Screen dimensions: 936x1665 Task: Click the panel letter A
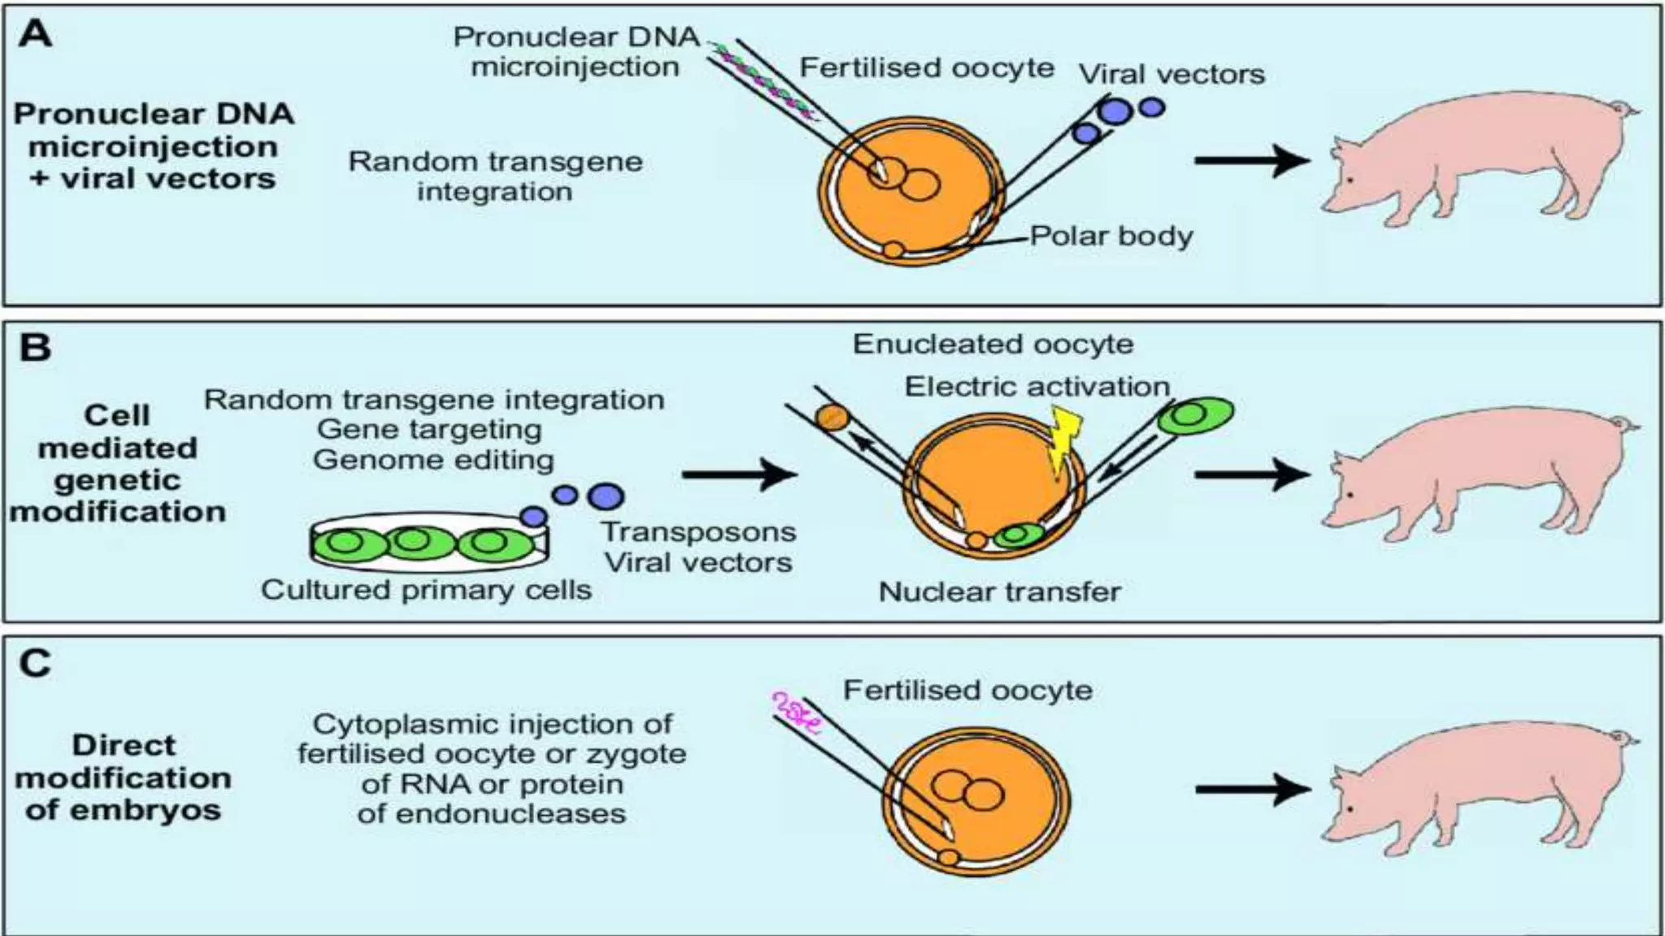[x=35, y=35]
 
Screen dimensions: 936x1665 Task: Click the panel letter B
[x=35, y=348]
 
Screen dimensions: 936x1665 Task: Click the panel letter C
[x=35, y=663]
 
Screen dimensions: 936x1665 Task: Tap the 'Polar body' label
[x=1111, y=236]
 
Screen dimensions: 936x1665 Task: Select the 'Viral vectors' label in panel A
[x=1172, y=75]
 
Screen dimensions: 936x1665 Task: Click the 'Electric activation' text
[x=1037, y=387]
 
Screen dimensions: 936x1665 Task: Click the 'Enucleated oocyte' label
[x=993, y=344]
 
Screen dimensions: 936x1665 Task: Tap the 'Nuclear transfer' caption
[x=999, y=591]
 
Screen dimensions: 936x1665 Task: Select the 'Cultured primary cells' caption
[x=426, y=590]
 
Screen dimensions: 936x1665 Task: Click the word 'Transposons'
[x=698, y=532]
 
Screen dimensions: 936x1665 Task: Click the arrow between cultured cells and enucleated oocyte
[x=738, y=474]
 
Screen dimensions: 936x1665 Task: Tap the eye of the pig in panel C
[x=1350, y=810]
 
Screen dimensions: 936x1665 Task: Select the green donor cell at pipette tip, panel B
[x=1193, y=415]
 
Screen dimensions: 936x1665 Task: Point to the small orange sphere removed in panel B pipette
[x=832, y=417]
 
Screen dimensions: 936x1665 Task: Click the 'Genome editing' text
[x=433, y=460]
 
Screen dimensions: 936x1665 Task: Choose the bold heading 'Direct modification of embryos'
[x=124, y=778]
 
